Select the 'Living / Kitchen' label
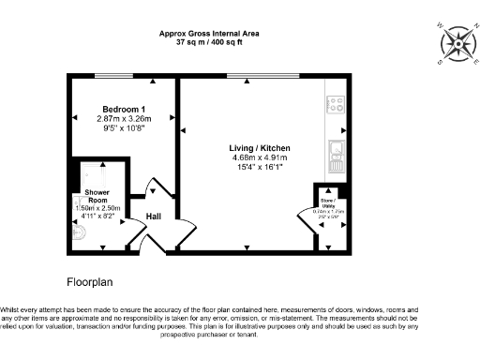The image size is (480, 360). (260, 148)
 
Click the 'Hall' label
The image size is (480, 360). (155, 218)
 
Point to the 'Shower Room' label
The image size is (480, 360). (97, 195)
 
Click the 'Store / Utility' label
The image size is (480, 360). (328, 202)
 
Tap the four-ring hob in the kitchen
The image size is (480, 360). (336, 104)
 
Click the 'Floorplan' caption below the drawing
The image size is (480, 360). (91, 281)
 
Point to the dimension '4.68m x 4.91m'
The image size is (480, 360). (260, 157)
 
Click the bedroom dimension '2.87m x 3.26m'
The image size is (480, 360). (124, 119)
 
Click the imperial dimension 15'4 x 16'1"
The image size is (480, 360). (260, 167)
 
